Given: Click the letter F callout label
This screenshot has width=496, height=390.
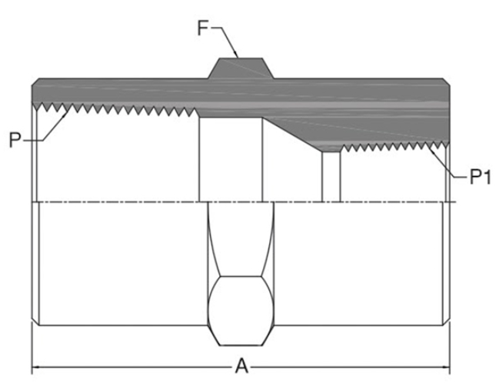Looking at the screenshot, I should pos(203,29).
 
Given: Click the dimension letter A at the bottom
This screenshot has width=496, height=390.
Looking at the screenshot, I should pos(241,367).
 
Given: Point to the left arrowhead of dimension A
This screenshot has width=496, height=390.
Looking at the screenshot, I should pos(36,367).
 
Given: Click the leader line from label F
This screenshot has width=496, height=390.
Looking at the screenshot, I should pos(228,42).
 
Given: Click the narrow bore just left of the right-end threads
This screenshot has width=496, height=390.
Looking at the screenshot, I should pos(331,175).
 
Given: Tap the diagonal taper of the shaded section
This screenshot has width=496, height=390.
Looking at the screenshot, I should pos(292,131).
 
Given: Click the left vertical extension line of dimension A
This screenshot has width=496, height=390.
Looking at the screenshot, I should pos(32,346).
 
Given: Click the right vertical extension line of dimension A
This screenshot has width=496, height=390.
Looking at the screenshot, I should pos(451,346).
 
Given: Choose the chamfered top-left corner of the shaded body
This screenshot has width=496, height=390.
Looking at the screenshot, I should pos(35,81).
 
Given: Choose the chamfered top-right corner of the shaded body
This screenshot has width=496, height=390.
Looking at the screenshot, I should pos(448,81).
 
